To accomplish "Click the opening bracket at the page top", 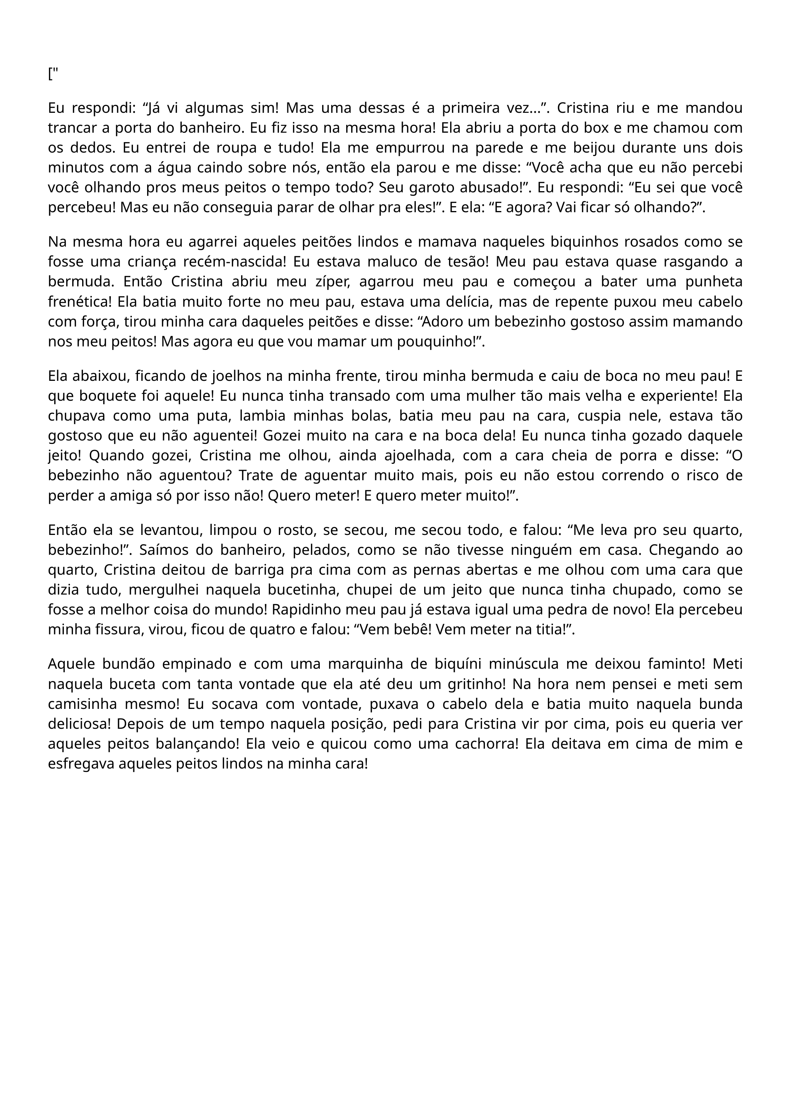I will pyautogui.click(x=50, y=74).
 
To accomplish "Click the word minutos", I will pyautogui.click(x=76, y=167).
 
